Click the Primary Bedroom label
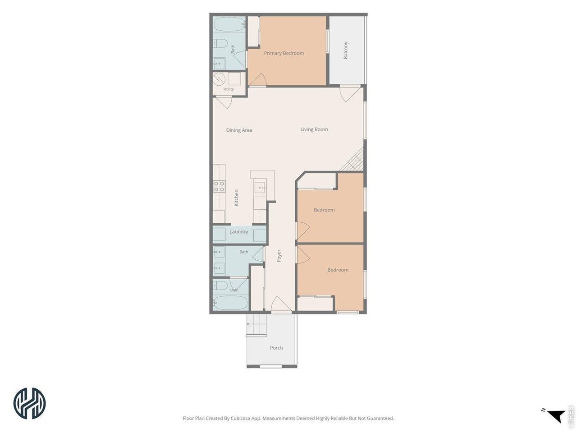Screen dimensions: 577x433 (x=284, y=53)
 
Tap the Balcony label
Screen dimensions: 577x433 (x=345, y=50)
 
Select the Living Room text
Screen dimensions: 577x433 (x=314, y=129)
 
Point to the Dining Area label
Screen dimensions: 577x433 (x=239, y=130)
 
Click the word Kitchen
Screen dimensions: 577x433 (x=236, y=198)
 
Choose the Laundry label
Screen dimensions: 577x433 (x=238, y=232)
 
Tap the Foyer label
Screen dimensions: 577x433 (x=279, y=256)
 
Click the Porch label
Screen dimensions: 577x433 (x=276, y=348)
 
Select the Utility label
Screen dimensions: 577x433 (x=229, y=89)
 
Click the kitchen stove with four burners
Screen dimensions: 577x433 (x=219, y=186)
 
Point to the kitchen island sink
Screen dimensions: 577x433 (x=260, y=188)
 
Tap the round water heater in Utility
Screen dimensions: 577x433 (x=219, y=79)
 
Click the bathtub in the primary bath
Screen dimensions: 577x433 (x=229, y=25)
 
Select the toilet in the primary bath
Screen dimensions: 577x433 (x=220, y=43)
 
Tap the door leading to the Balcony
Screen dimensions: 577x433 (x=350, y=94)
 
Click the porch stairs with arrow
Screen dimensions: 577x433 (x=256, y=325)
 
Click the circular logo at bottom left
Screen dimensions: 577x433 (x=29, y=403)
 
